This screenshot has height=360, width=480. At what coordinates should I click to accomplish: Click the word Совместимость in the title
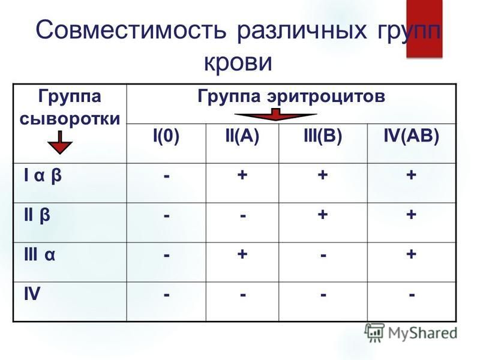click(131, 29)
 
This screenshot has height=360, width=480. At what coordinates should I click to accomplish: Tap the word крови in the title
click(238, 62)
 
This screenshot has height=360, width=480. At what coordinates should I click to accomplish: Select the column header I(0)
click(166, 136)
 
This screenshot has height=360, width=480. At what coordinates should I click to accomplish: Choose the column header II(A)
click(242, 136)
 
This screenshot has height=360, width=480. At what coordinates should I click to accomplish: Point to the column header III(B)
click(323, 136)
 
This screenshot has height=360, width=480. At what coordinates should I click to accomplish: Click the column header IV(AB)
click(412, 136)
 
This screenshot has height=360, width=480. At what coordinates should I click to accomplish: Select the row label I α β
click(43, 175)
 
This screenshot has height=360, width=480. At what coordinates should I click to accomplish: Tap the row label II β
click(37, 215)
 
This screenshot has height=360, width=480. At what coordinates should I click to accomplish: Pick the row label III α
click(40, 254)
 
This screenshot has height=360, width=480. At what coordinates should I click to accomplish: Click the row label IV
click(32, 294)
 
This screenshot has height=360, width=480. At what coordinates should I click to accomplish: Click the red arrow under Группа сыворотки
click(60, 142)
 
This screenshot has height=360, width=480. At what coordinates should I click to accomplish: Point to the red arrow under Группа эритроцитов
click(275, 114)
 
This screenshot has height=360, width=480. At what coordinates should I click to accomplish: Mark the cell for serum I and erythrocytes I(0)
click(167, 176)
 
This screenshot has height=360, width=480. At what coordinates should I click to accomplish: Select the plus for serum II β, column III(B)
click(323, 214)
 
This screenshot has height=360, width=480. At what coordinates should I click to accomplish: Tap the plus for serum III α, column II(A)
click(242, 254)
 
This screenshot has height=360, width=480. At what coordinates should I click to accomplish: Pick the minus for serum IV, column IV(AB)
click(412, 295)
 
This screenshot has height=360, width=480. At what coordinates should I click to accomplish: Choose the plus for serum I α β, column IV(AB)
click(411, 175)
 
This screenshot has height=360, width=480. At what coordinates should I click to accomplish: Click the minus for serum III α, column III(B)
click(323, 256)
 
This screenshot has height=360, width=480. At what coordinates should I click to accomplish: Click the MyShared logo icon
click(374, 332)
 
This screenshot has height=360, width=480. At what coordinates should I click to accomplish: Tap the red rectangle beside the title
click(424, 28)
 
